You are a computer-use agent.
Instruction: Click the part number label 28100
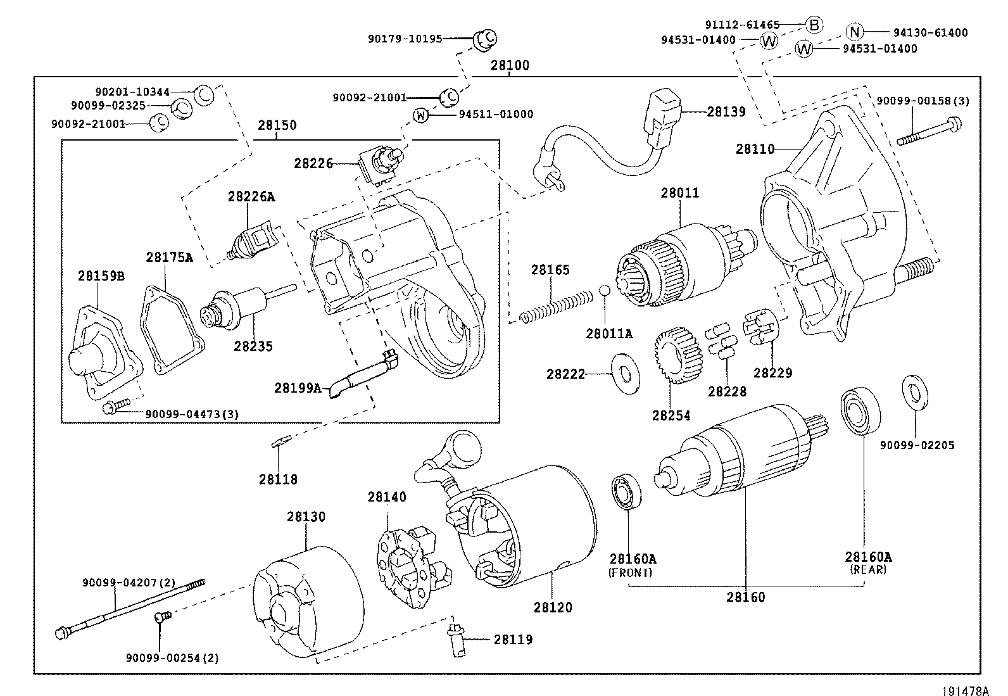coord(510,66)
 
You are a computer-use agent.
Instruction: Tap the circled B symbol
coord(814,25)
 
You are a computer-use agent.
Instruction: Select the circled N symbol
coord(855,32)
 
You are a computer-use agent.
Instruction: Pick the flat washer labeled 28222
coord(625,374)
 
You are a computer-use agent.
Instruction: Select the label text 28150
coord(277,125)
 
